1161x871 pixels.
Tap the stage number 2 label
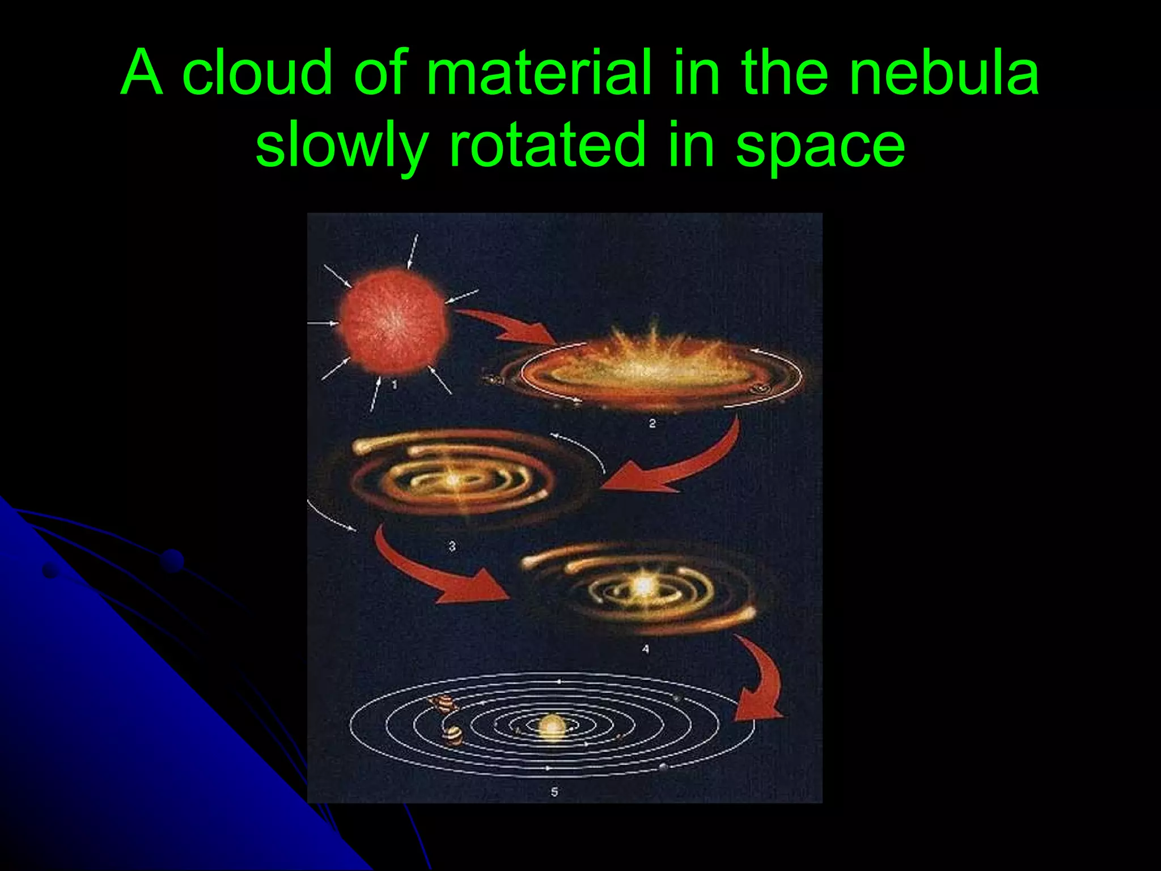tap(652, 423)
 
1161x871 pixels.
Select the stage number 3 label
tap(452, 546)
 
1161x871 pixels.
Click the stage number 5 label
tap(554, 792)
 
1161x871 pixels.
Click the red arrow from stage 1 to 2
tap(510, 328)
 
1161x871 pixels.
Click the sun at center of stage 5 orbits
tap(552, 726)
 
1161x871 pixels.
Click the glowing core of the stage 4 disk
tap(643, 585)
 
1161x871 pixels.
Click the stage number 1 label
tap(395, 385)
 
